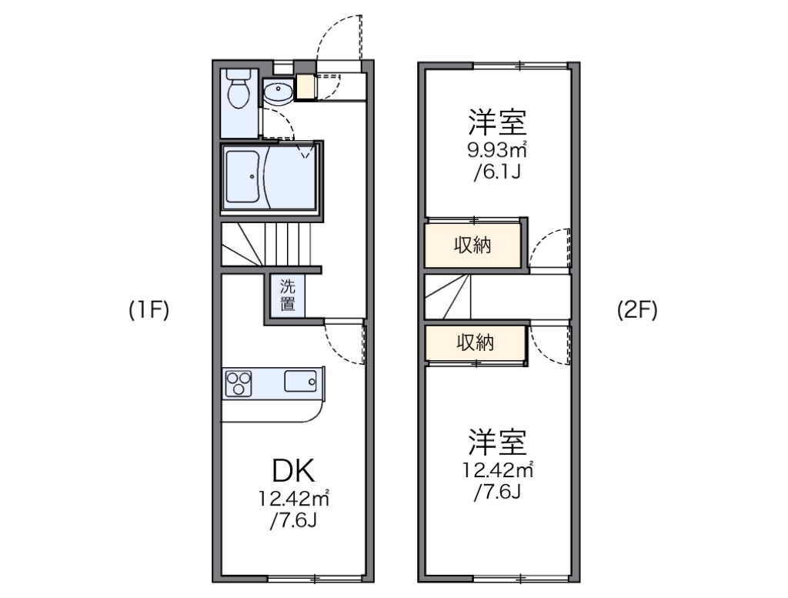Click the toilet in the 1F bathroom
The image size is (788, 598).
click(239, 91)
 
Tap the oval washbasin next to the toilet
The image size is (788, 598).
click(277, 94)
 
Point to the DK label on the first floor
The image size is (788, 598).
click(293, 471)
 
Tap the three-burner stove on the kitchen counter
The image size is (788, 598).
click(239, 383)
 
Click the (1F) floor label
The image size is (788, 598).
click(149, 310)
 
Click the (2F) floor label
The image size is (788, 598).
click(637, 310)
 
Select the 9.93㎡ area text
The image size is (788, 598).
click(496, 149)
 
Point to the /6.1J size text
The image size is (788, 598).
click(497, 171)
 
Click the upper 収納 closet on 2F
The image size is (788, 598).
click(472, 246)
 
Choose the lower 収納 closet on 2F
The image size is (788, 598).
click(473, 342)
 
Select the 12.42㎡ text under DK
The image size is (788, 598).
click(293, 499)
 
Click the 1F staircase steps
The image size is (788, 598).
click(269, 244)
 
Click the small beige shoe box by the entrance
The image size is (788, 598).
click(306, 88)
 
